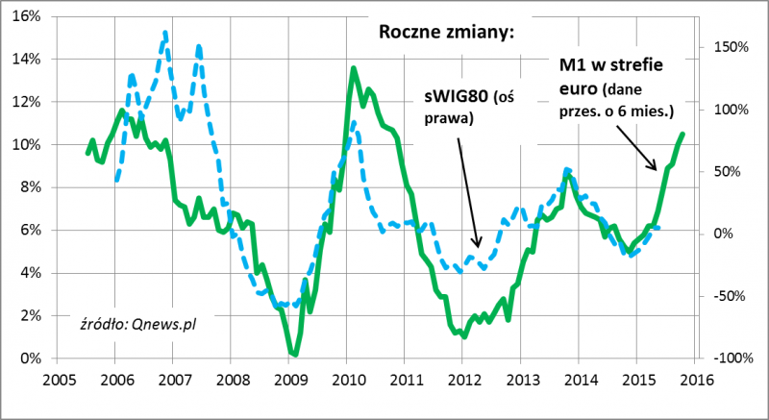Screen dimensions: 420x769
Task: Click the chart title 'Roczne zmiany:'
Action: click(447, 33)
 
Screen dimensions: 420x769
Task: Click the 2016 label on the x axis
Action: click(695, 378)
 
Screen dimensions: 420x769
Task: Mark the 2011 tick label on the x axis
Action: click(405, 378)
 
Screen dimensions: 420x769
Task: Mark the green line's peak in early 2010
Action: click(354, 68)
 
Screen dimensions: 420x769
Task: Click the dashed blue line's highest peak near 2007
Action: click(165, 35)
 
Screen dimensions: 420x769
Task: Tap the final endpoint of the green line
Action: click(682, 135)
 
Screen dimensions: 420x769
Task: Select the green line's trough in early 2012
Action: click(464, 337)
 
